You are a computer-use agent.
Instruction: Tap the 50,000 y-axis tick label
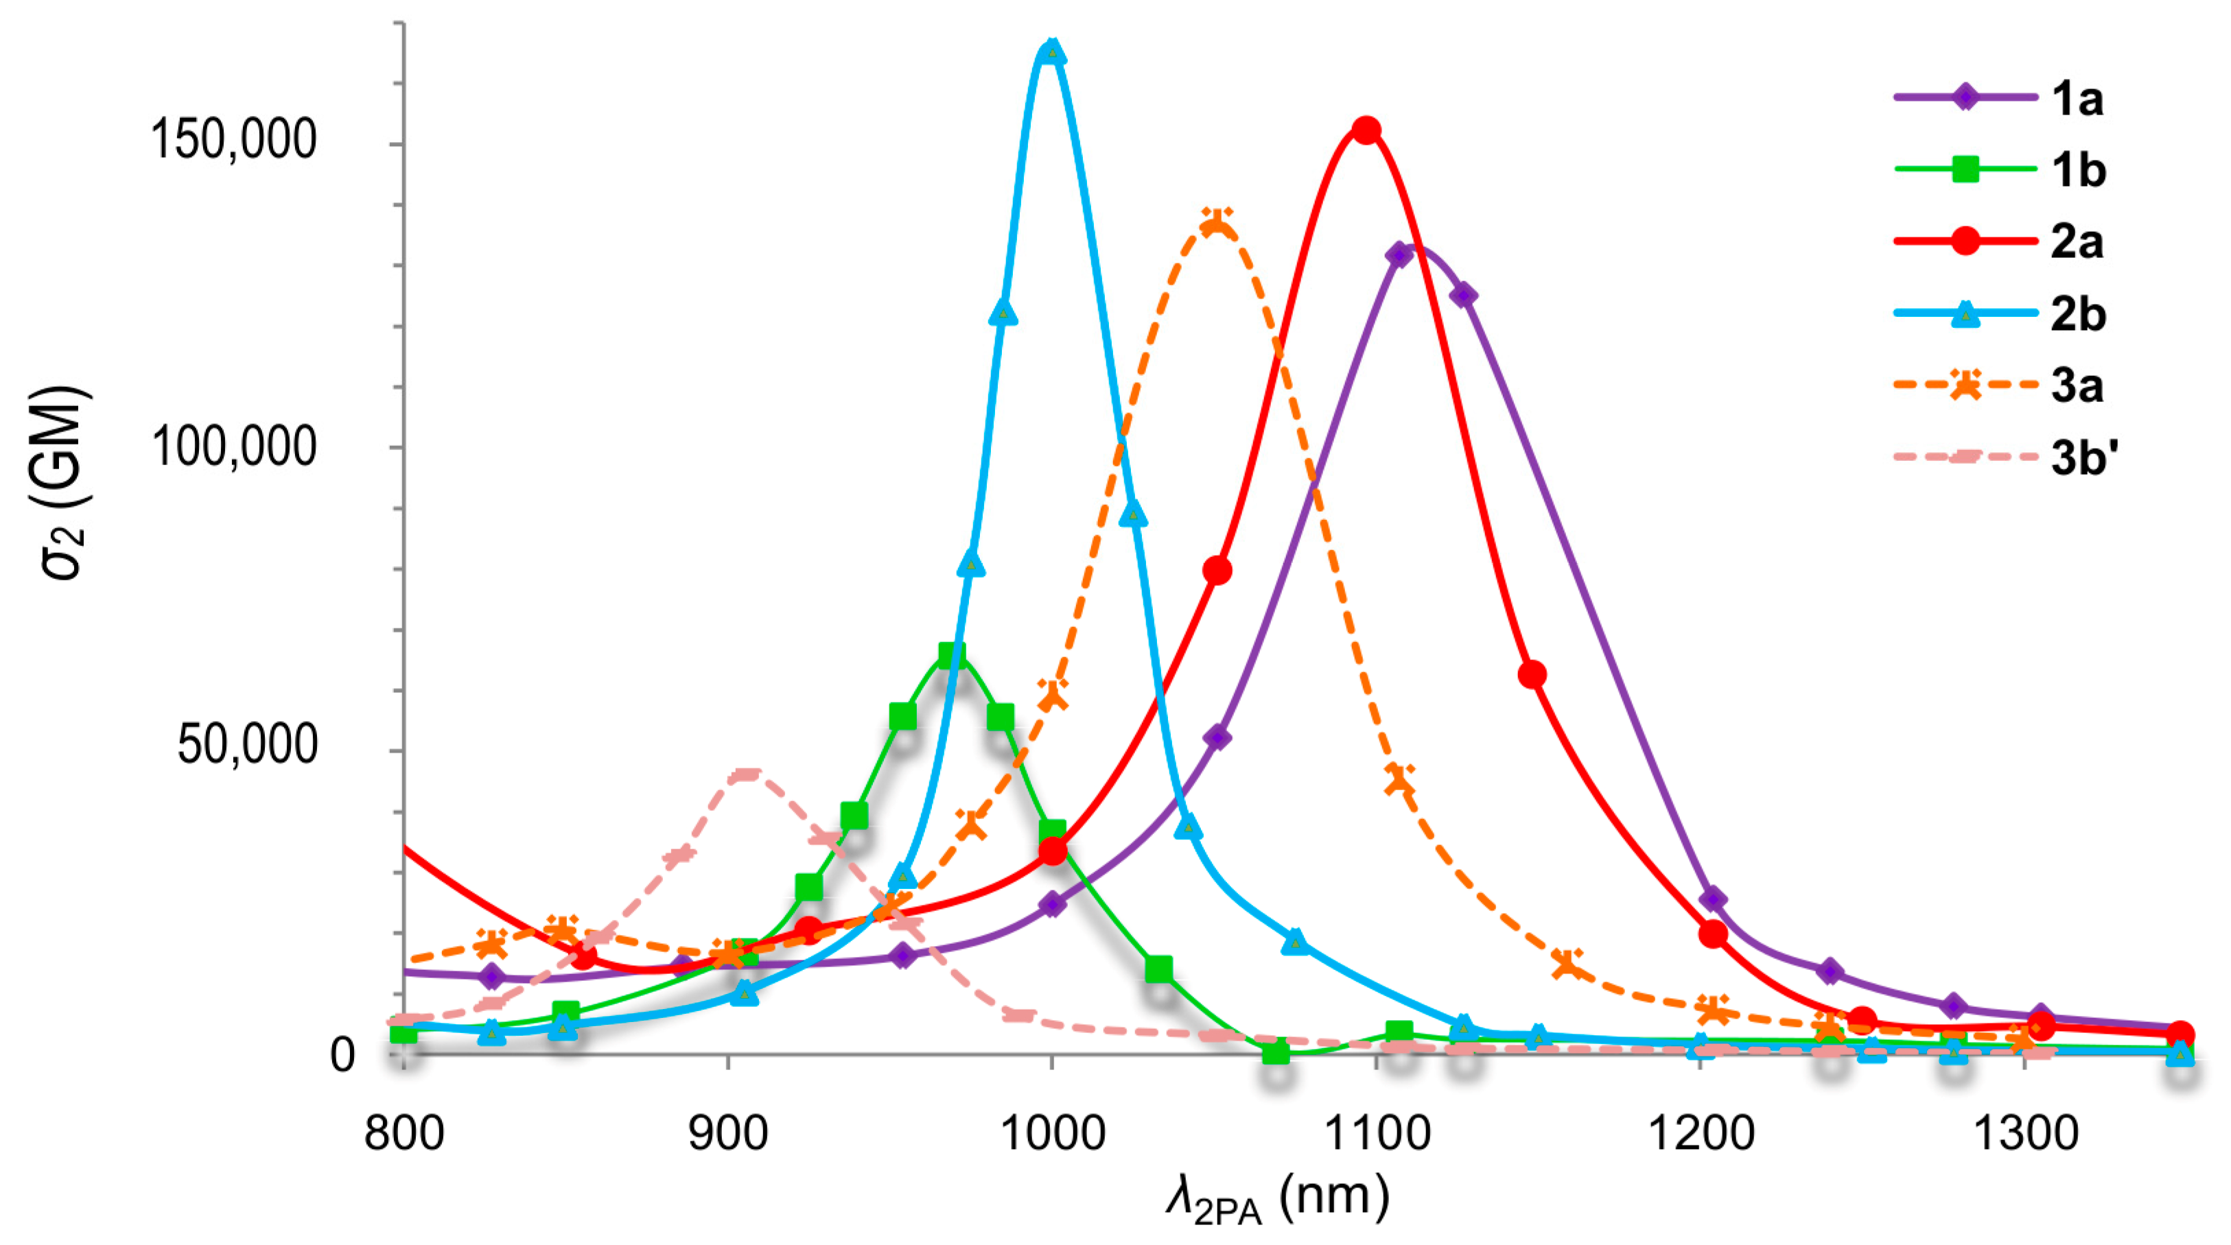click(x=247, y=746)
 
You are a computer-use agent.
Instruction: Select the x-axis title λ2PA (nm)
click(x=1278, y=1200)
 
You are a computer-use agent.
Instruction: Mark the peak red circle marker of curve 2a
click(x=1366, y=131)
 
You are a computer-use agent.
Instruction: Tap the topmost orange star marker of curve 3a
click(x=1217, y=222)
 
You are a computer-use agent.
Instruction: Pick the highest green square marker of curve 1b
click(x=951, y=655)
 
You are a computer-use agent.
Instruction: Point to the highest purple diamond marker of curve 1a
click(x=1399, y=254)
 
